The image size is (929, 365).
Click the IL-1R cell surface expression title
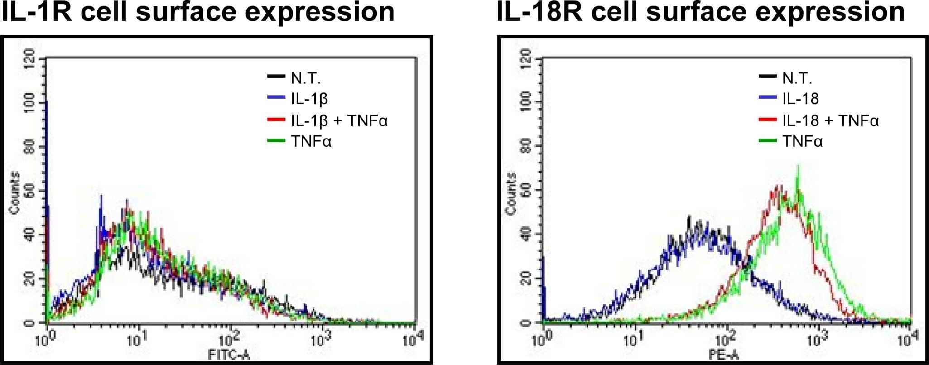pos(198,12)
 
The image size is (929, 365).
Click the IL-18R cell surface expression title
pos(701,12)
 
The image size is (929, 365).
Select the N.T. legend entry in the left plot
pos(306,78)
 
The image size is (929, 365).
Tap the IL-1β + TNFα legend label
pos(339,120)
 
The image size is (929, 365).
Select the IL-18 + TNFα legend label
pos(830,120)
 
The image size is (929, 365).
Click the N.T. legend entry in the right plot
pos(797,78)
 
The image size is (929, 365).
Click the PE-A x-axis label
pos(727,355)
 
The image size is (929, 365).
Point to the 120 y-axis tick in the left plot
pos(29,59)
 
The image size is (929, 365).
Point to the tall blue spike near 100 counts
pos(46,103)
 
